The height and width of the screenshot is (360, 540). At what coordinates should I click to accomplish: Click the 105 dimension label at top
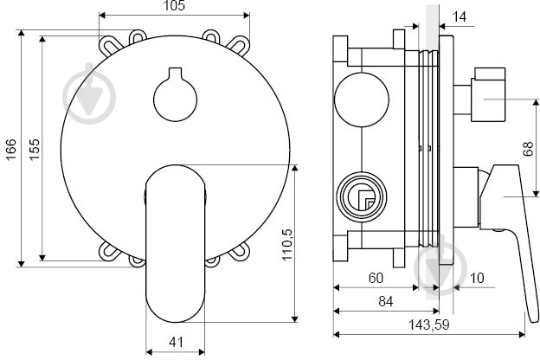point(174,6)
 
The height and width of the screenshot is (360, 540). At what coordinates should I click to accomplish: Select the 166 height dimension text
point(10,149)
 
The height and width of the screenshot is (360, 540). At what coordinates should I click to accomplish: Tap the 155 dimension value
point(34,149)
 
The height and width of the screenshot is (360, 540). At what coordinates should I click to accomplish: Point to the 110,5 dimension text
point(287,245)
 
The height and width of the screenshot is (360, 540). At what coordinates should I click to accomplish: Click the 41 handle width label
point(176,342)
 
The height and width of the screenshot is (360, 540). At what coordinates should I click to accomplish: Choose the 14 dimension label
point(459,16)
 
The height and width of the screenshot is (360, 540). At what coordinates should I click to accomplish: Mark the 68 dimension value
point(528,149)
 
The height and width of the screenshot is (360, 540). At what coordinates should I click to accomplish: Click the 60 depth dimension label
point(376,278)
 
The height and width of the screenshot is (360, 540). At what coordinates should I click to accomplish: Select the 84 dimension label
point(386,301)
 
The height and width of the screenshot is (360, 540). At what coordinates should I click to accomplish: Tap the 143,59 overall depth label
point(428,325)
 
